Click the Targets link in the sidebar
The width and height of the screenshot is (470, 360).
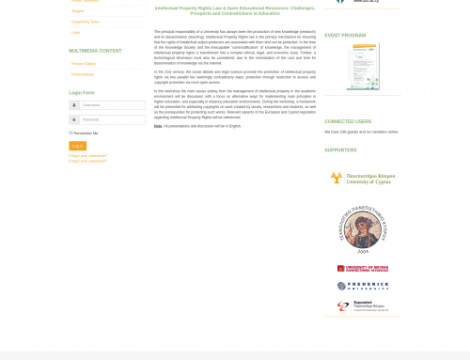(x=78, y=10)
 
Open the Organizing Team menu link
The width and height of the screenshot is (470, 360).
(x=86, y=22)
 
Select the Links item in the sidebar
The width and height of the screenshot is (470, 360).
(x=76, y=33)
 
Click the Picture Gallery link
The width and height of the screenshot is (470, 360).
(x=84, y=64)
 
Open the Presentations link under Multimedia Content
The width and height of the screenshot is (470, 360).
(x=83, y=74)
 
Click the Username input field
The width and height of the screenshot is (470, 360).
(x=112, y=105)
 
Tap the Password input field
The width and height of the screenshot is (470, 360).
(x=112, y=119)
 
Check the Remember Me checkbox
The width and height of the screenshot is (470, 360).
(x=71, y=133)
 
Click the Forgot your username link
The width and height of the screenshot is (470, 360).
(x=88, y=155)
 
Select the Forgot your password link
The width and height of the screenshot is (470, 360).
(x=87, y=161)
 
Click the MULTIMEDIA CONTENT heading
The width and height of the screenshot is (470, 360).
(x=95, y=51)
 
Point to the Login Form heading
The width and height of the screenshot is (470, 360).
(x=82, y=92)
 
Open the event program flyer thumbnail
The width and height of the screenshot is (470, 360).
(x=362, y=67)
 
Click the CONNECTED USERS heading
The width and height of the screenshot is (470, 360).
(x=348, y=121)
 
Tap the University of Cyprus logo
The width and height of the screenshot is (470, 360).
(x=362, y=178)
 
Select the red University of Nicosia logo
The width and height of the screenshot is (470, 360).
(x=362, y=269)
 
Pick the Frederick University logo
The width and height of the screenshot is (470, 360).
(x=362, y=286)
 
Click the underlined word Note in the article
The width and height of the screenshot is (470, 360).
(x=157, y=125)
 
